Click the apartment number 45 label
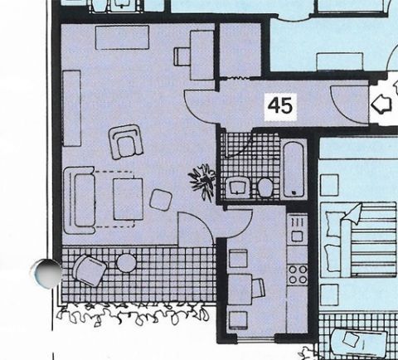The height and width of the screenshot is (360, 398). pyautogui.click(x=280, y=106)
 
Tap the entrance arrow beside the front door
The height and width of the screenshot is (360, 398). pyautogui.click(x=381, y=105)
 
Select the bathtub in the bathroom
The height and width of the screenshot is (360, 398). pyautogui.click(x=294, y=169)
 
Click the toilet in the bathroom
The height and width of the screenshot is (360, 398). pyautogui.click(x=265, y=187)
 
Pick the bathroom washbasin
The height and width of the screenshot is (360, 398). pyautogui.click(x=237, y=187)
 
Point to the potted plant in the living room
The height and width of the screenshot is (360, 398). pyautogui.click(x=203, y=181)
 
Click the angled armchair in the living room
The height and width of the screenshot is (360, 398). pyautogui.click(x=126, y=141)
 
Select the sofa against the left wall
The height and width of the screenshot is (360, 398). pyautogui.click(x=80, y=201)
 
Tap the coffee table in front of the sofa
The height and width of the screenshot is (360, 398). pyautogui.click(x=128, y=199)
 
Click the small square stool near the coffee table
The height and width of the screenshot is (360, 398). pyautogui.click(x=161, y=200)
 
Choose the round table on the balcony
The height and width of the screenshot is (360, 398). pyautogui.click(x=126, y=263)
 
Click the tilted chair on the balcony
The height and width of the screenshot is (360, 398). pyautogui.click(x=90, y=270)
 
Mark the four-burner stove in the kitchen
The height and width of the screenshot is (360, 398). pyautogui.click(x=298, y=275)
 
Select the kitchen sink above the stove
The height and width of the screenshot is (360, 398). pyautogui.click(x=298, y=230)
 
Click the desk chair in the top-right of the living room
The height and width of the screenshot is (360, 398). pyautogui.click(x=182, y=57)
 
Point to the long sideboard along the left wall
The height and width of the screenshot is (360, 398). pyautogui.click(x=72, y=108)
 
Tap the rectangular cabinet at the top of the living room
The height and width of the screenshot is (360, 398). pyautogui.click(x=122, y=37)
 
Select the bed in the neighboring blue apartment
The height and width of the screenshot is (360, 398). pyautogui.click(x=358, y=240)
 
